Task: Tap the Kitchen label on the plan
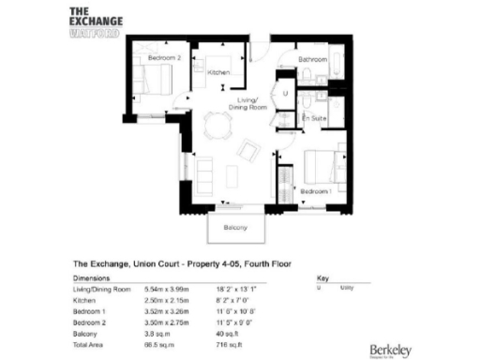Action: pos(218,72)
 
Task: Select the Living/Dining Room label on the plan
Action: pos(250,102)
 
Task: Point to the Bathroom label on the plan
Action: pos(311,58)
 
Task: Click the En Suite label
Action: pos(313,118)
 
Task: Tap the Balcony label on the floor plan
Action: pos(235,228)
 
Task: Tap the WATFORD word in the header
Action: pos(94,28)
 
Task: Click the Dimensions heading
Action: pos(91,279)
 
